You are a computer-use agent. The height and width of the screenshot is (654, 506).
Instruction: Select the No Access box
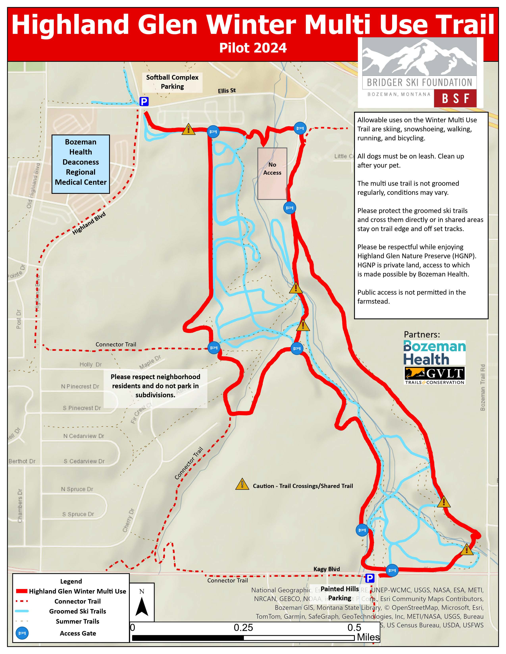[272, 173]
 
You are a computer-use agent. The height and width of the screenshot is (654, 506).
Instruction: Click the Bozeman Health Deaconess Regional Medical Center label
[81, 164]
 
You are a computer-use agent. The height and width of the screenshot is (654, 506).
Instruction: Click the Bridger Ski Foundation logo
[420, 73]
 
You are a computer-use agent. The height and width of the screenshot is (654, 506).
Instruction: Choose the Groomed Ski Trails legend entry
[77, 611]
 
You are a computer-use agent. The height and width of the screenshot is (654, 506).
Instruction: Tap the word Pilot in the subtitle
[234, 48]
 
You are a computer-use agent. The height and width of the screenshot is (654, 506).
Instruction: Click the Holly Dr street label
[90, 364]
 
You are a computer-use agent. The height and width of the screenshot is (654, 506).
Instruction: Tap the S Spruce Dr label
[78, 514]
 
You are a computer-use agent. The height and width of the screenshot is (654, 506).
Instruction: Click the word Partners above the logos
[421, 335]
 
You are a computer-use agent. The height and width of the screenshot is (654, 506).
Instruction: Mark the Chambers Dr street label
[20, 506]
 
